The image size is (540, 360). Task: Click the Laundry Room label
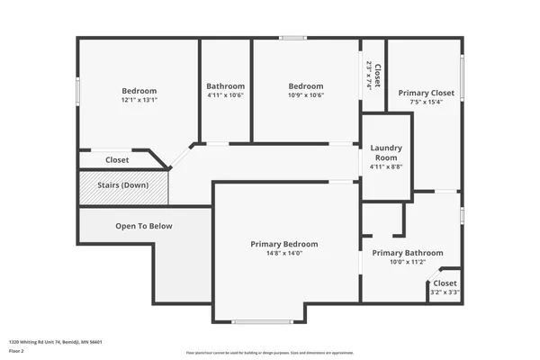point(386,152)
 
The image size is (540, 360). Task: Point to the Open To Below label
point(143,226)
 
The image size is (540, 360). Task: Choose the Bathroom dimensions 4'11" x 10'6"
point(225,95)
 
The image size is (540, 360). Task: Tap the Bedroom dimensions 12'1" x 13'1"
point(139,100)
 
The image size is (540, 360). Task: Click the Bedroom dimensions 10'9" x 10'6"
point(306,95)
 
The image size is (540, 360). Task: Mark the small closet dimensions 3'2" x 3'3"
point(445,292)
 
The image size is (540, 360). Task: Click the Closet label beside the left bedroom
point(117,160)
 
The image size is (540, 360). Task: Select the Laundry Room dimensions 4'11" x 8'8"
point(386,166)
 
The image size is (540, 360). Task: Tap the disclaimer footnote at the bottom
point(270,353)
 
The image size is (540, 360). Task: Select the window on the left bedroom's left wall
point(77,91)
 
